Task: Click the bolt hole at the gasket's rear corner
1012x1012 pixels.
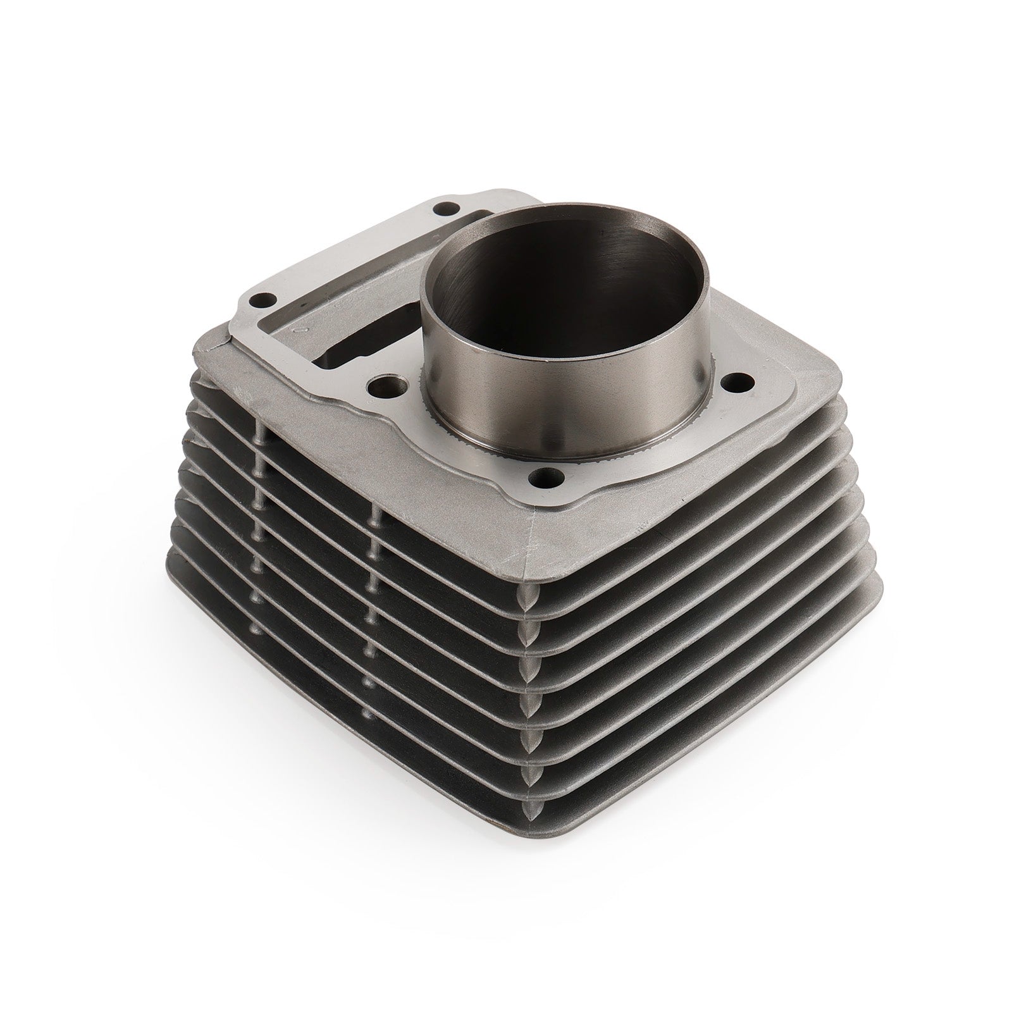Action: [450, 224]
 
